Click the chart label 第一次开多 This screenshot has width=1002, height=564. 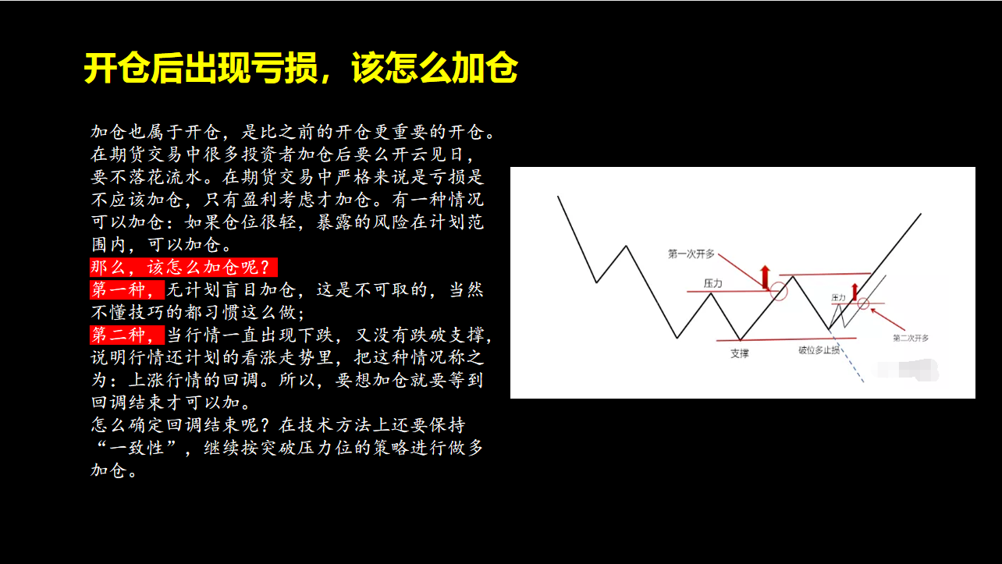coord(691,254)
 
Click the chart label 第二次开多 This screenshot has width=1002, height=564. coord(911,338)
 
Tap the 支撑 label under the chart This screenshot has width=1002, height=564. coord(740,354)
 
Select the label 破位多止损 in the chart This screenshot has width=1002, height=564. coord(819,350)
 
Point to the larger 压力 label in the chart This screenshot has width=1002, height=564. coord(713,283)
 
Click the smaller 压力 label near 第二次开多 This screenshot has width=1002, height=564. coord(838,297)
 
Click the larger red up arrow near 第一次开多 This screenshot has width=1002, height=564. coord(765,277)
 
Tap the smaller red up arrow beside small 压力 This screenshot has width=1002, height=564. coord(855,292)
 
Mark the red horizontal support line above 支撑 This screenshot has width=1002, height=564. coord(787,339)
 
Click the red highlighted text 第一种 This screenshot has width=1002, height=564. coord(127,290)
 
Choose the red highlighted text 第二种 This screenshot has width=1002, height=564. coord(127,335)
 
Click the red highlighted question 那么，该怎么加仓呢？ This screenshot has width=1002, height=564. coord(183,268)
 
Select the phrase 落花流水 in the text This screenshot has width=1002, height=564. coord(165,177)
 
